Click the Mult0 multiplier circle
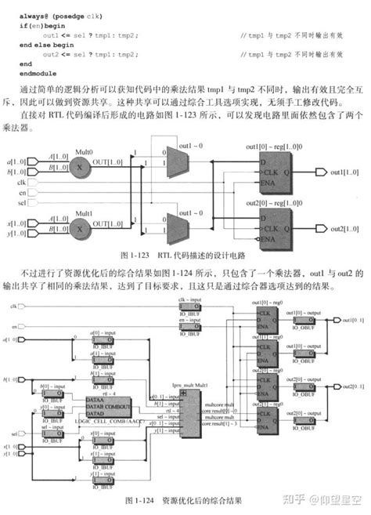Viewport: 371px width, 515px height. click(80, 167)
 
